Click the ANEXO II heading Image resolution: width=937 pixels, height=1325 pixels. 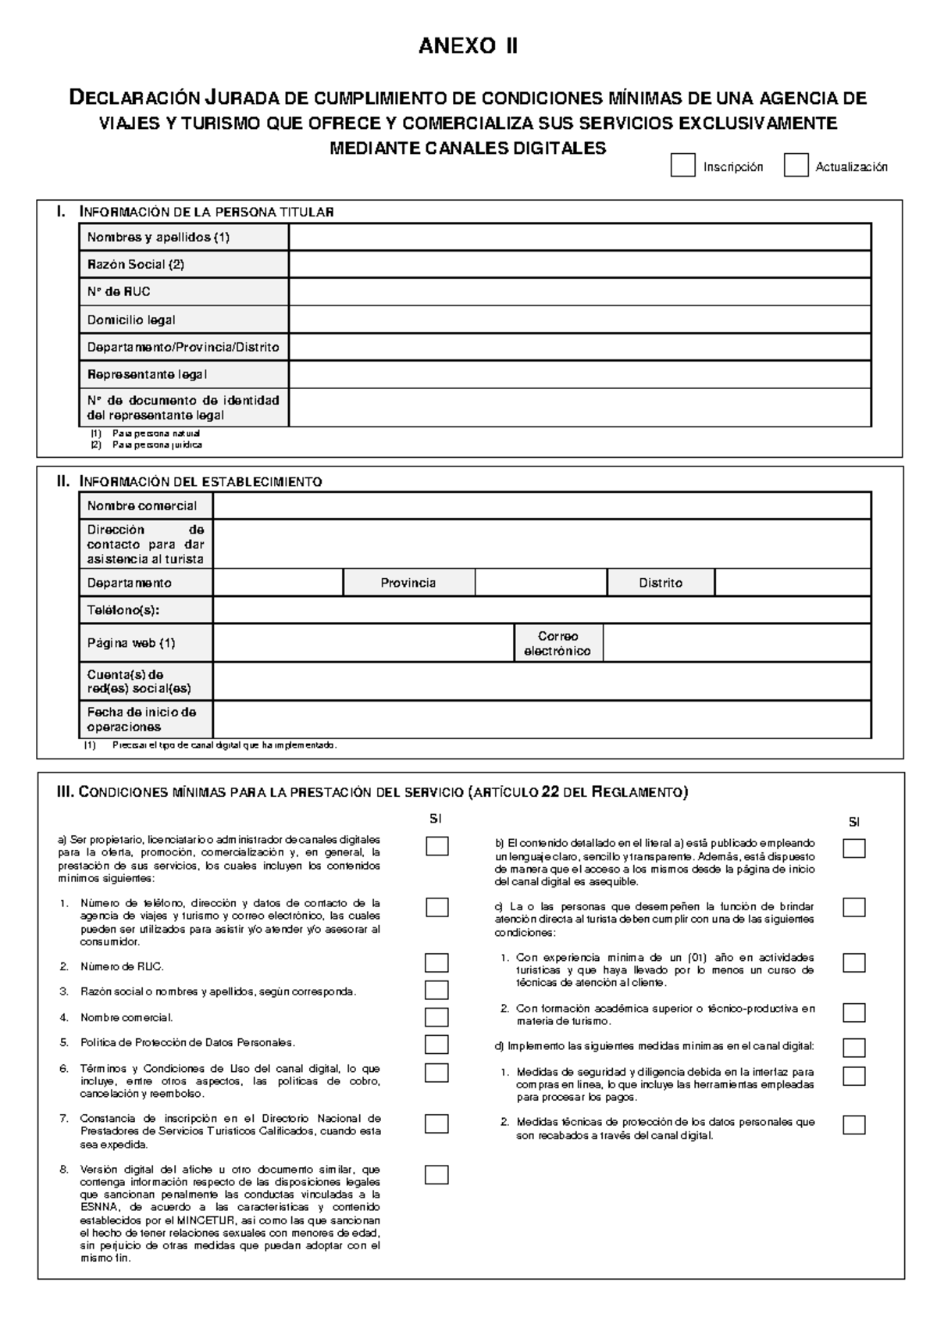[x=468, y=46]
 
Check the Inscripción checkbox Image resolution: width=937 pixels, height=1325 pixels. [x=682, y=166]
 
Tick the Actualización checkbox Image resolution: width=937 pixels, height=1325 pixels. [x=796, y=166]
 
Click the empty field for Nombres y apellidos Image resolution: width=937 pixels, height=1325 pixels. [x=579, y=237]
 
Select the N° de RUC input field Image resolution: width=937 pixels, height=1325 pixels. [x=579, y=291]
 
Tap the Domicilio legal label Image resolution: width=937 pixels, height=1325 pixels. [x=131, y=320]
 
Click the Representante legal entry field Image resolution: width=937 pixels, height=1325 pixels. [x=579, y=374]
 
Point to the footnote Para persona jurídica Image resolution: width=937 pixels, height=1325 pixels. [x=157, y=445]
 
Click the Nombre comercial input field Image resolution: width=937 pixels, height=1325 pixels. [x=542, y=505]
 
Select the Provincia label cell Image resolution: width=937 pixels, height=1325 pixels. [x=408, y=583]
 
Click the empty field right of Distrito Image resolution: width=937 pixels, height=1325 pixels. [x=793, y=583]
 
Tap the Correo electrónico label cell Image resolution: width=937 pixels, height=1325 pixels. [x=558, y=643]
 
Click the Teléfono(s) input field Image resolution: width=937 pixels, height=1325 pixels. [x=542, y=610]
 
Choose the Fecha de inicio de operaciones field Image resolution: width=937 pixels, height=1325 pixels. [x=542, y=720]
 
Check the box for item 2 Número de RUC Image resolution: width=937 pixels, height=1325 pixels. [x=436, y=962]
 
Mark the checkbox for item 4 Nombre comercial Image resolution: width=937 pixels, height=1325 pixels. [x=436, y=1017]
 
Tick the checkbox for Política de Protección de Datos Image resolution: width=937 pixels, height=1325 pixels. [x=436, y=1045]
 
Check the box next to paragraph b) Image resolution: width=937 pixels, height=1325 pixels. [x=854, y=848]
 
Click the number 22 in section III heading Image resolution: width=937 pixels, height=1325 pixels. [x=549, y=792]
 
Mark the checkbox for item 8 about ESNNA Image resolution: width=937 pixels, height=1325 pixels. [x=436, y=1175]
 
